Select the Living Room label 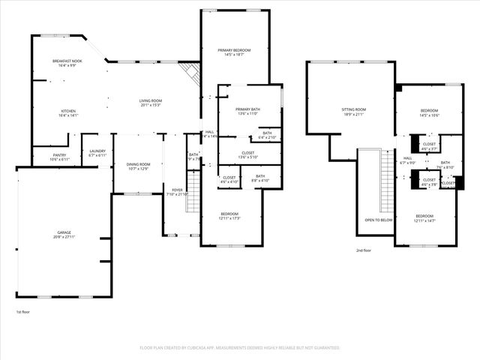click(151, 103)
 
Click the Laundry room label click(97, 152)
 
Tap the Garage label click(64, 234)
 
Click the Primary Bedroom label click(234, 52)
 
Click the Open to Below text click(379, 220)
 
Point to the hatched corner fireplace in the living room click(192, 73)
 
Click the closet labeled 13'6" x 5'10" click(247, 154)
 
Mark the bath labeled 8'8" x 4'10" click(259, 178)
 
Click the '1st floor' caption click(23, 311)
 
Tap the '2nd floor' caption click(363, 250)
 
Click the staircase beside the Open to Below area click(388, 180)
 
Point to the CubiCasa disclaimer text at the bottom click(240, 347)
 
